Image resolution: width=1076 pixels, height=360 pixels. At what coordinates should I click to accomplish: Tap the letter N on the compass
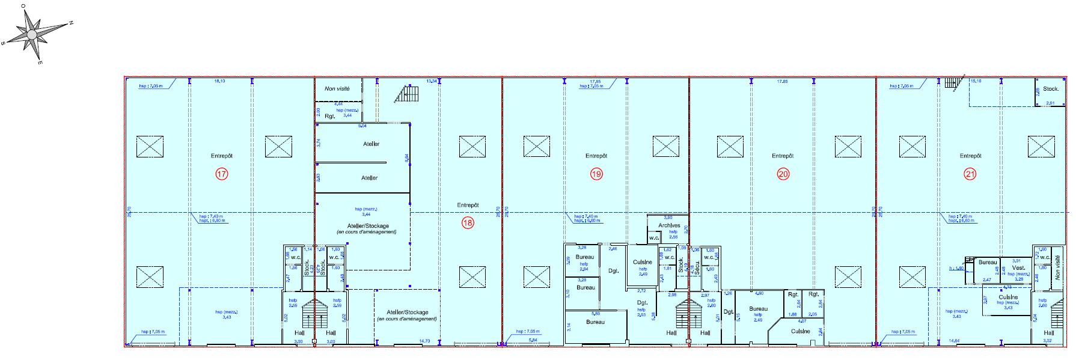[70, 23]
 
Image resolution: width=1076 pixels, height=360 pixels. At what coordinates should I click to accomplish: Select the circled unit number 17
[221, 174]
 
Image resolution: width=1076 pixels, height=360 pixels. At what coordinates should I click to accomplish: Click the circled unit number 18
[468, 222]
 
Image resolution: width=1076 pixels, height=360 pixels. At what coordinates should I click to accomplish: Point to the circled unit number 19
[596, 174]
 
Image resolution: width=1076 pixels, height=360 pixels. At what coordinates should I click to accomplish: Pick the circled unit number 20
[783, 174]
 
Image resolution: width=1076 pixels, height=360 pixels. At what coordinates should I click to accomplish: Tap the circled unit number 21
[970, 174]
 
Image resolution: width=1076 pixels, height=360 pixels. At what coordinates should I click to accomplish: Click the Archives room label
[668, 225]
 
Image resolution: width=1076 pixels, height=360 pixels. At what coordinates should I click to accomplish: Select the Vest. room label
[1018, 268]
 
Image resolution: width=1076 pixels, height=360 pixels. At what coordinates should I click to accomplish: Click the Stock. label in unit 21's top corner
[1051, 89]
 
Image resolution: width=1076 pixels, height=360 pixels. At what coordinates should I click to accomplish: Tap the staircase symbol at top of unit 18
[409, 94]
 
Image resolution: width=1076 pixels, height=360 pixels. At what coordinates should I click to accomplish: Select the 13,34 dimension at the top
[431, 81]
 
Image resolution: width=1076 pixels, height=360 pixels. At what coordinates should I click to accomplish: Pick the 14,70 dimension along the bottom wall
[424, 341]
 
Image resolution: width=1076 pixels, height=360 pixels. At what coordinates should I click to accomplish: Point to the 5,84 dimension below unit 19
[533, 341]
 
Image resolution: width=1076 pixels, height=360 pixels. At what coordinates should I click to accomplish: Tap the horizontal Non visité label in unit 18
[337, 88]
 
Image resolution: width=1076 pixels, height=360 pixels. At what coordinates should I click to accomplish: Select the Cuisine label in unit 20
[800, 331]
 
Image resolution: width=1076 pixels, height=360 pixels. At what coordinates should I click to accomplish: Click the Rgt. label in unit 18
[329, 116]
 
